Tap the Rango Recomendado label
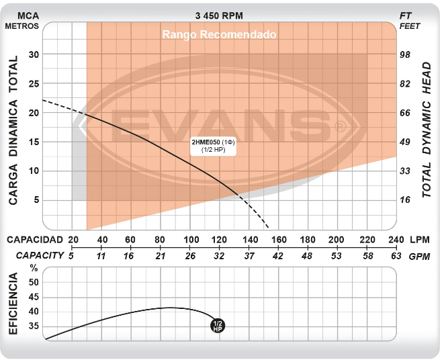click(x=219, y=35)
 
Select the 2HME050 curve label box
click(x=213, y=146)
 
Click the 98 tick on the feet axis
click(x=405, y=54)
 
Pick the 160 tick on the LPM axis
click(x=279, y=240)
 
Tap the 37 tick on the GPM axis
click(x=249, y=255)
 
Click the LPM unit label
click(x=419, y=240)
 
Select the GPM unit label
click(x=419, y=256)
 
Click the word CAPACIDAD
click(x=34, y=240)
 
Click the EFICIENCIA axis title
click(x=13, y=304)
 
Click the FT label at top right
click(x=405, y=15)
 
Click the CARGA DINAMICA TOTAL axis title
click(x=13, y=129)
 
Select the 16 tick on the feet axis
click(x=405, y=200)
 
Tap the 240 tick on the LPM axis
click(x=396, y=240)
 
